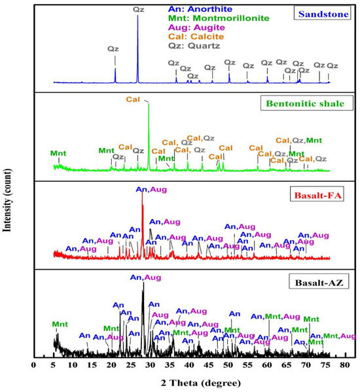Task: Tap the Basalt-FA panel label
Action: click(320, 194)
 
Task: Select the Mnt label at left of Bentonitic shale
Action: click(58, 154)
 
